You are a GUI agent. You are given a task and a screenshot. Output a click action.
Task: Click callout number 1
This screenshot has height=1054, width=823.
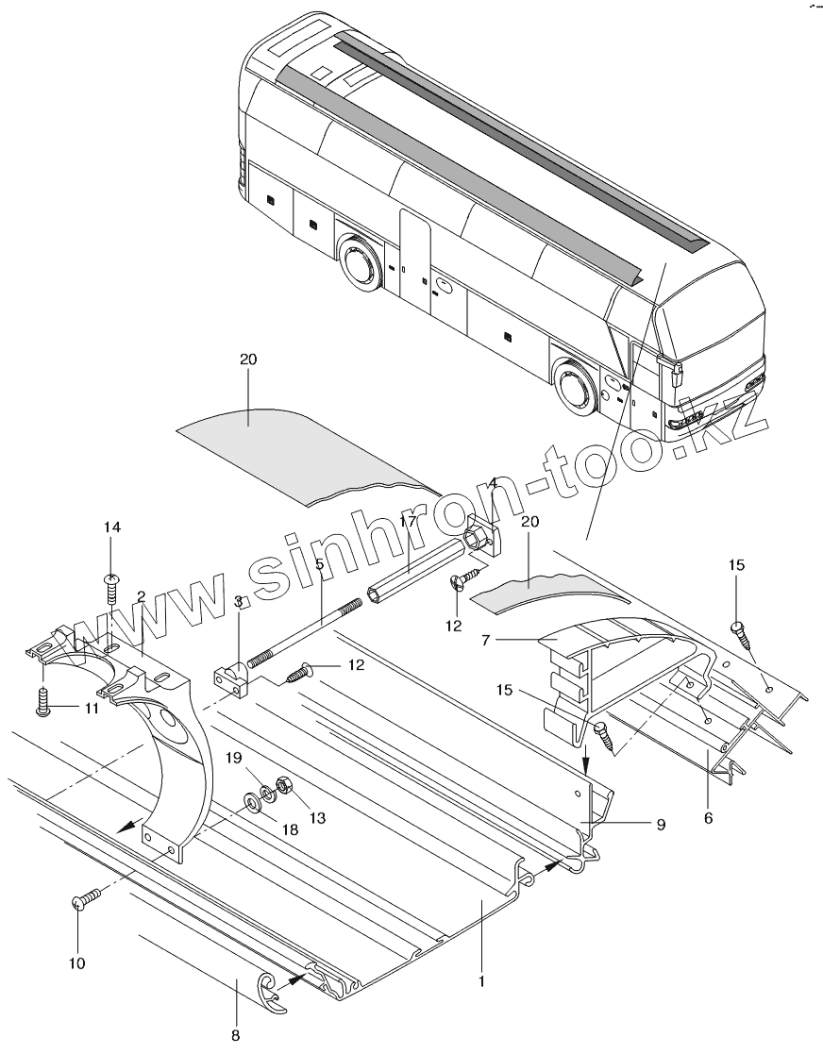click(x=481, y=980)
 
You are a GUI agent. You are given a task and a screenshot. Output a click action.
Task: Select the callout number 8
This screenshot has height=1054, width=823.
click(x=236, y=1034)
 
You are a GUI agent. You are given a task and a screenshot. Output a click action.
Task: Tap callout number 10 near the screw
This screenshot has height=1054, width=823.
click(x=77, y=963)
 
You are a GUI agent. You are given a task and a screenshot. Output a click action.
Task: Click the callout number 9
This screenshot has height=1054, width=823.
click(x=661, y=824)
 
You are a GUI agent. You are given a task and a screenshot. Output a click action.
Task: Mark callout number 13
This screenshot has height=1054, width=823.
click(x=318, y=817)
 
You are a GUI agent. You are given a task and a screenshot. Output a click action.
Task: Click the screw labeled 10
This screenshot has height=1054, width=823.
click(x=80, y=903)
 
